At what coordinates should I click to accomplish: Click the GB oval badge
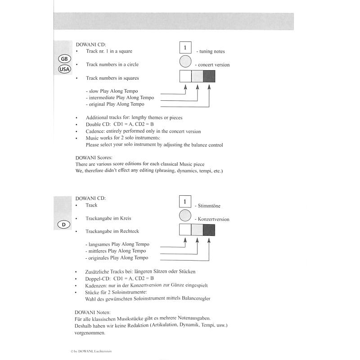point(65,59)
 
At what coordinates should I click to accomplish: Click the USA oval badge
point(65,69)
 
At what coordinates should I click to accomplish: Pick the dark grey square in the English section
point(209,76)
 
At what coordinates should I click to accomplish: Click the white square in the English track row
point(185,76)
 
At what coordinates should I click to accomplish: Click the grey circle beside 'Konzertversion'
point(185,216)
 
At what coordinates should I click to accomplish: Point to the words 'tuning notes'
point(210,52)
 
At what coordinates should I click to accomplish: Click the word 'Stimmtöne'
point(208,206)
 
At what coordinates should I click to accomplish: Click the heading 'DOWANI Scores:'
point(94,157)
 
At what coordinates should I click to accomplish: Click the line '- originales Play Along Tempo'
point(117,258)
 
